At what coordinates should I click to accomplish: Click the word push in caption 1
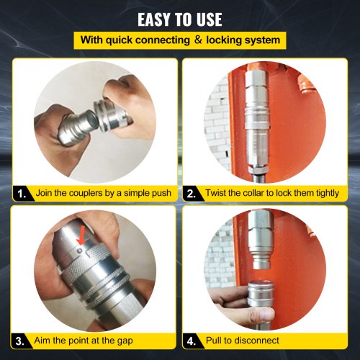(157, 193)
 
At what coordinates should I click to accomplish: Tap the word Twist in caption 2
(219, 193)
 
